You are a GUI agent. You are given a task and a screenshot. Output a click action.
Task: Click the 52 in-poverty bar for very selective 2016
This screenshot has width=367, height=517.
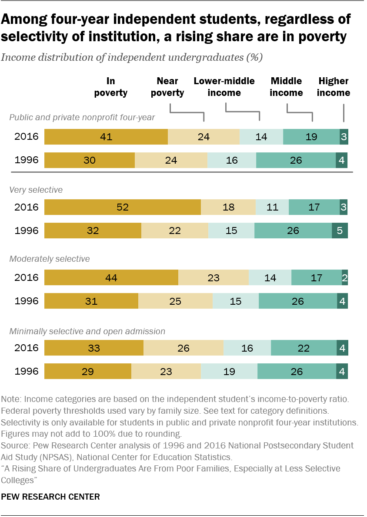[x=123, y=207]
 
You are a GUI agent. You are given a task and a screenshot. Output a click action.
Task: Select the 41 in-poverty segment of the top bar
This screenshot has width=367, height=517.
[x=106, y=137]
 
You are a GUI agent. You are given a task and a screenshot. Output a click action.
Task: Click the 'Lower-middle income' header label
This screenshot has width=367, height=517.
[x=224, y=87]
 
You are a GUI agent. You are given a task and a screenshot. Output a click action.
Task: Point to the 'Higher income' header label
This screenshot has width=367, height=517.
[x=334, y=87]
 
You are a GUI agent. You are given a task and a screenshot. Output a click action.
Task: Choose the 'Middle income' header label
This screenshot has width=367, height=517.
[x=286, y=87]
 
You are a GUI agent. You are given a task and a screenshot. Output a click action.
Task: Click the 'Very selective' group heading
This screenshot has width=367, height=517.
[x=36, y=190]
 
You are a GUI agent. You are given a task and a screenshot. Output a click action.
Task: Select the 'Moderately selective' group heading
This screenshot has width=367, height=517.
[x=50, y=259]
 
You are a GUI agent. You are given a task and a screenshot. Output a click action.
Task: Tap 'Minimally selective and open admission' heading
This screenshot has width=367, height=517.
[x=87, y=331]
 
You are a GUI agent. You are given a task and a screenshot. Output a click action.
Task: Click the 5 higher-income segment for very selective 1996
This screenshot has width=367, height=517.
[x=340, y=230]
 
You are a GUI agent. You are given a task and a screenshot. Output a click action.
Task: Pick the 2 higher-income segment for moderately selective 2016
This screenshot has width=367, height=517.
[x=345, y=277]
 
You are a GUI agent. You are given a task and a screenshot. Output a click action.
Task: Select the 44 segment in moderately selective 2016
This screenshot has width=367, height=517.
[x=111, y=277]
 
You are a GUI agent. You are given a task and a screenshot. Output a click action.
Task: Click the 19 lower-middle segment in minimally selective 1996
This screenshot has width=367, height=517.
[x=229, y=372]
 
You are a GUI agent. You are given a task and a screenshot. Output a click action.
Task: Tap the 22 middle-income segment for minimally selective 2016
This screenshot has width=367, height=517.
[x=304, y=348]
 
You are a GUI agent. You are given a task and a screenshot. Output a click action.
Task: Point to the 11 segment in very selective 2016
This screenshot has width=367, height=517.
[x=272, y=207]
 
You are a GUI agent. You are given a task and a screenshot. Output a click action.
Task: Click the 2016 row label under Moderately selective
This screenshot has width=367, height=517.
[x=26, y=277]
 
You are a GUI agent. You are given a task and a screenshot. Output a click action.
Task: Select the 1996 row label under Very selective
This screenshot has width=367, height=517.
[x=26, y=230]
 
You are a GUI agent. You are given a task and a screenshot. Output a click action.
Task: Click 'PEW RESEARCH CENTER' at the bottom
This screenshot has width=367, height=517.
[x=51, y=497]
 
